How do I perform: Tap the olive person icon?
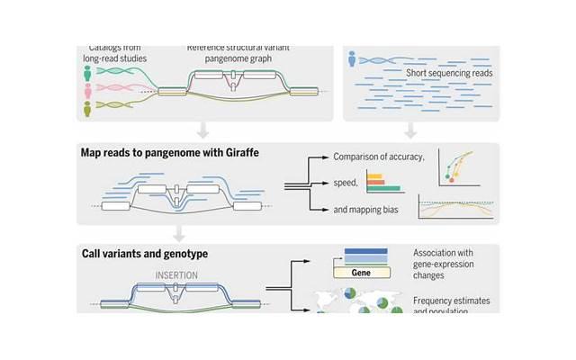point(87,108)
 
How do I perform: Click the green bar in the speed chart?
point(382,189)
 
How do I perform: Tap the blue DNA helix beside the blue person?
point(387,61)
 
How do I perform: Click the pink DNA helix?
point(121,89)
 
